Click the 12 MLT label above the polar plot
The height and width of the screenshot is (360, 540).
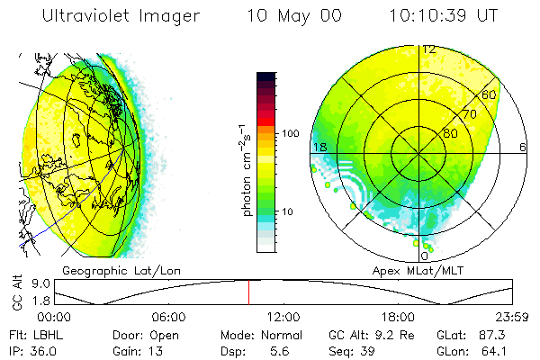(x=429, y=49)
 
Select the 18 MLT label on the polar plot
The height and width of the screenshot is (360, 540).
(x=319, y=147)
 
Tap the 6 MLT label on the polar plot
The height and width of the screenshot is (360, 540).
(x=522, y=147)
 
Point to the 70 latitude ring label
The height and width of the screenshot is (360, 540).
(x=469, y=114)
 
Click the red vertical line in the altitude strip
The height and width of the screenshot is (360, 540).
(x=249, y=292)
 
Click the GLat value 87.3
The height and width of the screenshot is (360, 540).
(x=497, y=333)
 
